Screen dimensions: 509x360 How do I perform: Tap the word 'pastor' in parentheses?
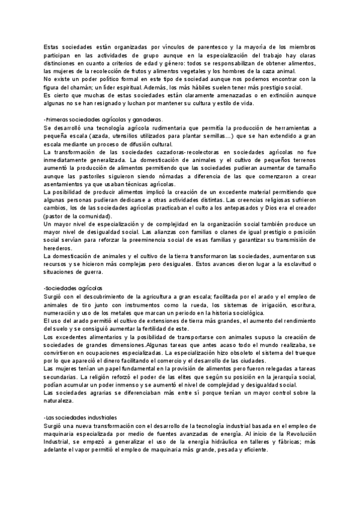coord(55,215)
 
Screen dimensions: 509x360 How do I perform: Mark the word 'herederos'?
coord(60,247)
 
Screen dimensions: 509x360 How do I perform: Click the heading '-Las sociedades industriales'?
coord(80,417)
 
